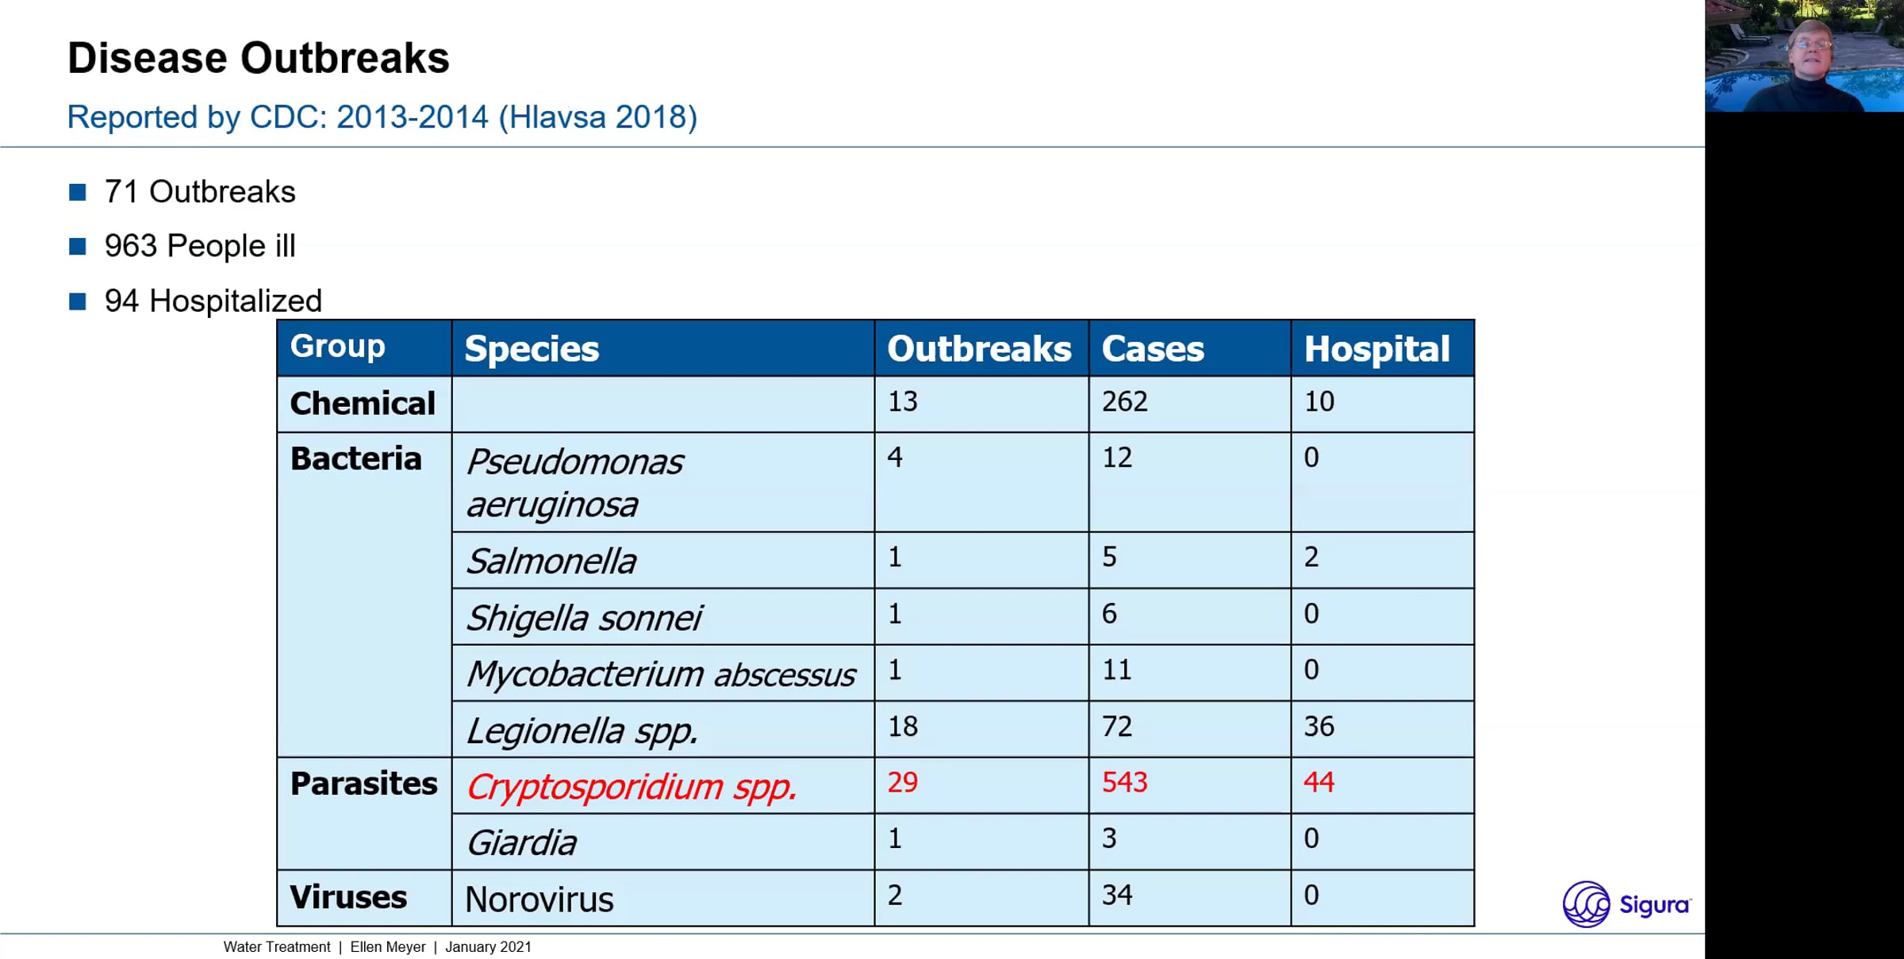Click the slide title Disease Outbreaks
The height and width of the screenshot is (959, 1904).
pos(259,59)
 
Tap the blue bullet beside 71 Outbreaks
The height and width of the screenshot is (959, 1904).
pos(78,192)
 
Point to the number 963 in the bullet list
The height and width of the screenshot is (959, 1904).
pos(131,246)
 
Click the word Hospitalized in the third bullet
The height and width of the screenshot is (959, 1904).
pos(236,301)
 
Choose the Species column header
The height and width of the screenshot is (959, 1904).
pos(532,349)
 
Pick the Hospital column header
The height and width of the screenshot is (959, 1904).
pos(1377,350)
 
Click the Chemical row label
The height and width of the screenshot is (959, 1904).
pos(363,404)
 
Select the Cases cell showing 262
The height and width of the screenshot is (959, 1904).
pos(1125,401)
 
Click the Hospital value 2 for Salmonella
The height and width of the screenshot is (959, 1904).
pos(1311,557)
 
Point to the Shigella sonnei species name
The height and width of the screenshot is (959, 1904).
pos(584,618)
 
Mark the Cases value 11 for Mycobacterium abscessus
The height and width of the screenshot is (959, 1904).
pos(1117,669)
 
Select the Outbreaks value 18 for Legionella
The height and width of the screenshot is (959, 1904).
pos(903,726)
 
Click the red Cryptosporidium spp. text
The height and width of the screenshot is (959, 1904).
pos(631,787)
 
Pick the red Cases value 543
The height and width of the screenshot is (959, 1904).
pos(1125,782)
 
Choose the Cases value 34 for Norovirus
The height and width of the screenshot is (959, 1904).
pos(1117,895)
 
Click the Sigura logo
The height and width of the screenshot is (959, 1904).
pos(1627,904)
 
